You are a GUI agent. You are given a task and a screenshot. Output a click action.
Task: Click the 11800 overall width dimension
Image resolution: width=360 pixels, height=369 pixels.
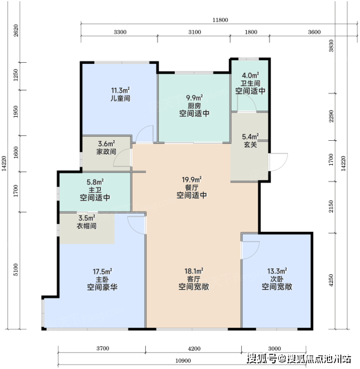tap(220, 20)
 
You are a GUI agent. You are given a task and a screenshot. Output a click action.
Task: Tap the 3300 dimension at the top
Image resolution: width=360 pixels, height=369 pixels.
tap(120, 32)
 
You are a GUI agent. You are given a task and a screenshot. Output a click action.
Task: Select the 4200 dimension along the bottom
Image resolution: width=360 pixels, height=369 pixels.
tap(194, 349)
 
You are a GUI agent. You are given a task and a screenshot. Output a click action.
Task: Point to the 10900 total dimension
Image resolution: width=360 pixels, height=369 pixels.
tap(183, 361)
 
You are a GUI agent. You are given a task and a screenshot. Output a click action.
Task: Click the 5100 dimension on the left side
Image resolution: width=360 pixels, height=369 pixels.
tap(15, 270)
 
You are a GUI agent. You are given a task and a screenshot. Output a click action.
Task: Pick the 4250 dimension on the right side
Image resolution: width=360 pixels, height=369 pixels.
tap(331, 280)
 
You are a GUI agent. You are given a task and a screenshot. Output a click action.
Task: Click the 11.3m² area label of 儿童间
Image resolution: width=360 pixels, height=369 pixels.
tap(121, 90)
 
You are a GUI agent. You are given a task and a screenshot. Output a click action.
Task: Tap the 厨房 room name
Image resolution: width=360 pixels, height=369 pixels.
tap(194, 106)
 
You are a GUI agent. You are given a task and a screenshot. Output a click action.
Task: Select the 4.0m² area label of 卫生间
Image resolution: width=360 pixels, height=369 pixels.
tap(250, 75)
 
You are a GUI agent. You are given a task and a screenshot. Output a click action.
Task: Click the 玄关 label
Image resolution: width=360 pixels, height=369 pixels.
tap(250, 145)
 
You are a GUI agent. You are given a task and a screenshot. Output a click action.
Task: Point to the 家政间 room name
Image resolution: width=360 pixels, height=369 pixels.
tap(106, 151)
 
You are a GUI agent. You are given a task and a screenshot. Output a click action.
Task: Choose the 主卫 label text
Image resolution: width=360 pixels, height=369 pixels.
tap(95, 189)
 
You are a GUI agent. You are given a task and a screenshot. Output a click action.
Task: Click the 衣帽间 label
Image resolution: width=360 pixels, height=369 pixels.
tap(86, 226)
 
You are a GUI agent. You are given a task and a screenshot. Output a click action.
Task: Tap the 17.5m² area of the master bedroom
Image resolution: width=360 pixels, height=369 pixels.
tap(102, 272)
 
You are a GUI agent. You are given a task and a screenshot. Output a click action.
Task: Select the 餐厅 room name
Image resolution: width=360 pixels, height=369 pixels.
tap(191, 188)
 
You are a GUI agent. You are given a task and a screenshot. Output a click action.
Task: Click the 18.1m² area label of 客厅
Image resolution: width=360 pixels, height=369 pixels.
tap(194, 271)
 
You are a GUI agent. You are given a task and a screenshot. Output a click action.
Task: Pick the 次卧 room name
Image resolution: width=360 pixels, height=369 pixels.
tap(277, 279)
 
